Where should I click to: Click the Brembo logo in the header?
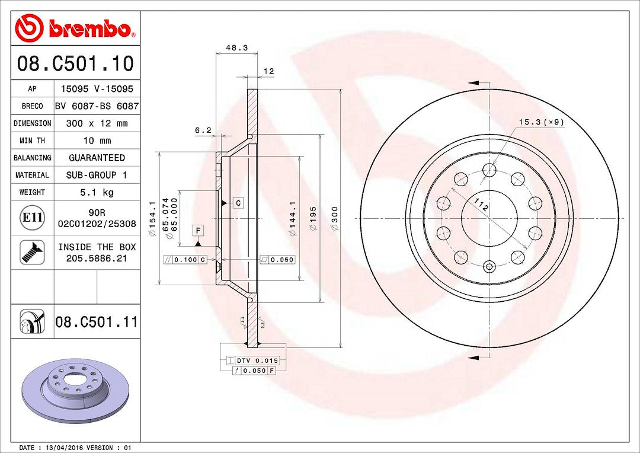[x=75, y=28]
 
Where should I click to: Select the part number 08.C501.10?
[x=75, y=63]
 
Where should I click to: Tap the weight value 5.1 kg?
[x=97, y=192]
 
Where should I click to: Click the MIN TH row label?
[x=32, y=141]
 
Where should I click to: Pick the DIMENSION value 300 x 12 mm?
[x=97, y=123]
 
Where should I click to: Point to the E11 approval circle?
[x=32, y=218]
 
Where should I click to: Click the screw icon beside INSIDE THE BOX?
[x=32, y=252]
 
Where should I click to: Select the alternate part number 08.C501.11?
[x=97, y=322]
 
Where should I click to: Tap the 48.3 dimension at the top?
[x=237, y=48]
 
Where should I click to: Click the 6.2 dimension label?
[x=203, y=130]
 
